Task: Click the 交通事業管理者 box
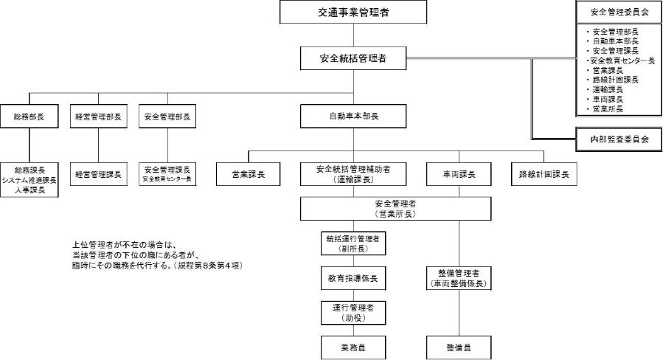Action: (x=353, y=12)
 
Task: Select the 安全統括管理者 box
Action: (x=353, y=58)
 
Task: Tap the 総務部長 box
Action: (x=29, y=117)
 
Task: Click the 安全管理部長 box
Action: (x=167, y=117)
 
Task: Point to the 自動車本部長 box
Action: (x=353, y=117)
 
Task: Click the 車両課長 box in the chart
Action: (x=458, y=175)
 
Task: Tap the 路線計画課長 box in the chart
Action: (x=544, y=175)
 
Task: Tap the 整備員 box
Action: (x=458, y=346)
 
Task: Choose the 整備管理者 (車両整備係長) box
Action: (x=458, y=278)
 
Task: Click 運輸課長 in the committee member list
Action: (x=606, y=89)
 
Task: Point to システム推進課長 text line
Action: (x=29, y=180)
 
